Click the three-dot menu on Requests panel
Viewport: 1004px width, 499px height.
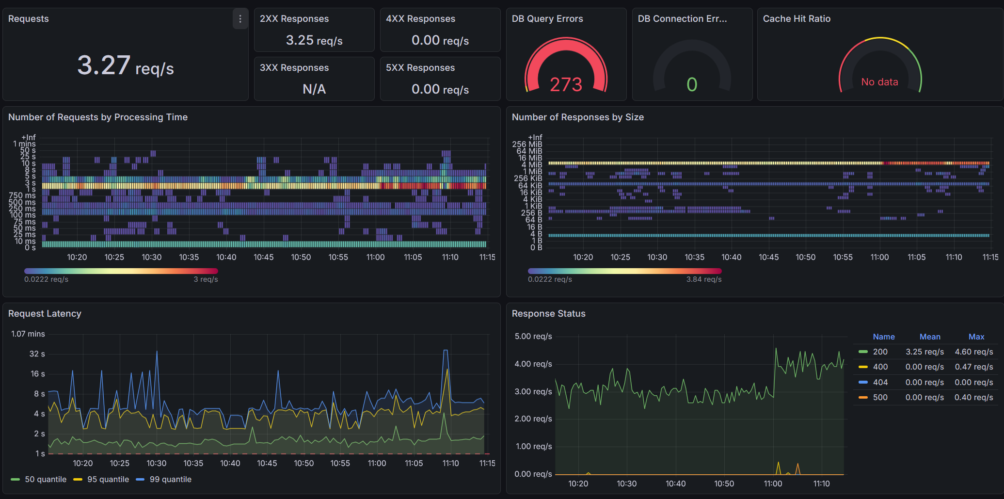pyautogui.click(x=240, y=19)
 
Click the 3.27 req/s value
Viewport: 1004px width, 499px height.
pyautogui.click(x=125, y=65)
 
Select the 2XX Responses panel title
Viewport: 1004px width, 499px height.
pyautogui.click(x=294, y=19)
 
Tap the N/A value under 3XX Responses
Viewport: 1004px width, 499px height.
pyautogui.click(x=314, y=89)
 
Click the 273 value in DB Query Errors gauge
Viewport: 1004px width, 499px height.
pyautogui.click(x=566, y=85)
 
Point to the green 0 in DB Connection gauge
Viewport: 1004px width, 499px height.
pyautogui.click(x=692, y=85)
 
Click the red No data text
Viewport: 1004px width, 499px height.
pyautogui.click(x=879, y=82)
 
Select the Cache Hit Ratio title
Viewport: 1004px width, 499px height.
pyautogui.click(x=797, y=19)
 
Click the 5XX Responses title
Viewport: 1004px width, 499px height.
pyautogui.click(x=420, y=68)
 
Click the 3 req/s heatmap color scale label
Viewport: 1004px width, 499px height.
pyautogui.click(x=206, y=279)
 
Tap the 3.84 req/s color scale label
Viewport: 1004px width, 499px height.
pyautogui.click(x=703, y=279)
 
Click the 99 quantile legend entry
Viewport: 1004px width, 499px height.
pyautogui.click(x=170, y=479)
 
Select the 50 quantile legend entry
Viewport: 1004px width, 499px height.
pyautogui.click(x=46, y=479)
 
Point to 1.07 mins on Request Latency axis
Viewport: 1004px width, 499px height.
pyautogui.click(x=28, y=334)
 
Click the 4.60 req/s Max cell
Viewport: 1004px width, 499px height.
pyautogui.click(x=973, y=352)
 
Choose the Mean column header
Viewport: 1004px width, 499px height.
pyautogui.click(x=929, y=337)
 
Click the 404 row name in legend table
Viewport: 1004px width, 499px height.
pyautogui.click(x=880, y=382)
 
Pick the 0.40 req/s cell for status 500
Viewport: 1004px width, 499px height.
pyautogui.click(x=973, y=397)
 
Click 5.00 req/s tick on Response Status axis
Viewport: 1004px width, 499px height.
pyautogui.click(x=533, y=336)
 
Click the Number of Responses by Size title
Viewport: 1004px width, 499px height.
pyautogui.click(x=577, y=117)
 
